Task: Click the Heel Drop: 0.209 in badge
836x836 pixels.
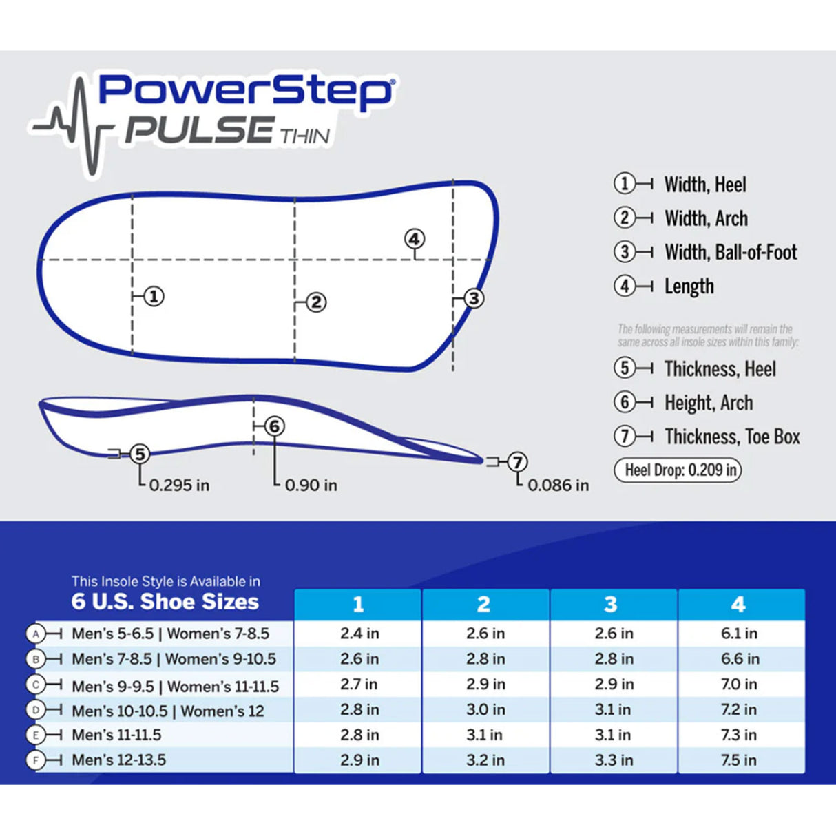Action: [678, 470]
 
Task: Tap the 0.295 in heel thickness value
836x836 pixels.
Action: [179, 485]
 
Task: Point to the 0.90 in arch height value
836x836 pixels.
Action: [311, 485]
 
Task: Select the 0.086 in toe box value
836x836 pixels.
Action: [558, 485]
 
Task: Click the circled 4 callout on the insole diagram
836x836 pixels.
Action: [414, 239]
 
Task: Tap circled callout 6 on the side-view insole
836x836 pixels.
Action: [275, 426]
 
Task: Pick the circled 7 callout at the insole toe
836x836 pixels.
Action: [517, 461]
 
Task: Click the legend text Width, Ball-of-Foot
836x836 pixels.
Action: [731, 252]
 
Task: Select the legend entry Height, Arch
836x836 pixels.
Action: [709, 403]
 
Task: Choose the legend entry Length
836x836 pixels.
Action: [689, 286]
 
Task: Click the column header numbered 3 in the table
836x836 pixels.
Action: [611, 605]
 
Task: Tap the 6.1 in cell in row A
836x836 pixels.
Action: [739, 634]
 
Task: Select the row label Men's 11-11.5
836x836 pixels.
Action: [117, 735]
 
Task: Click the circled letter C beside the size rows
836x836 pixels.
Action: [36, 685]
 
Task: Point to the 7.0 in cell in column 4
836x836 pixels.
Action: [739, 685]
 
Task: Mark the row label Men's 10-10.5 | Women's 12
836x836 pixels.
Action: [168, 711]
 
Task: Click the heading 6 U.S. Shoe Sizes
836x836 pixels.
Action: [165, 602]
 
